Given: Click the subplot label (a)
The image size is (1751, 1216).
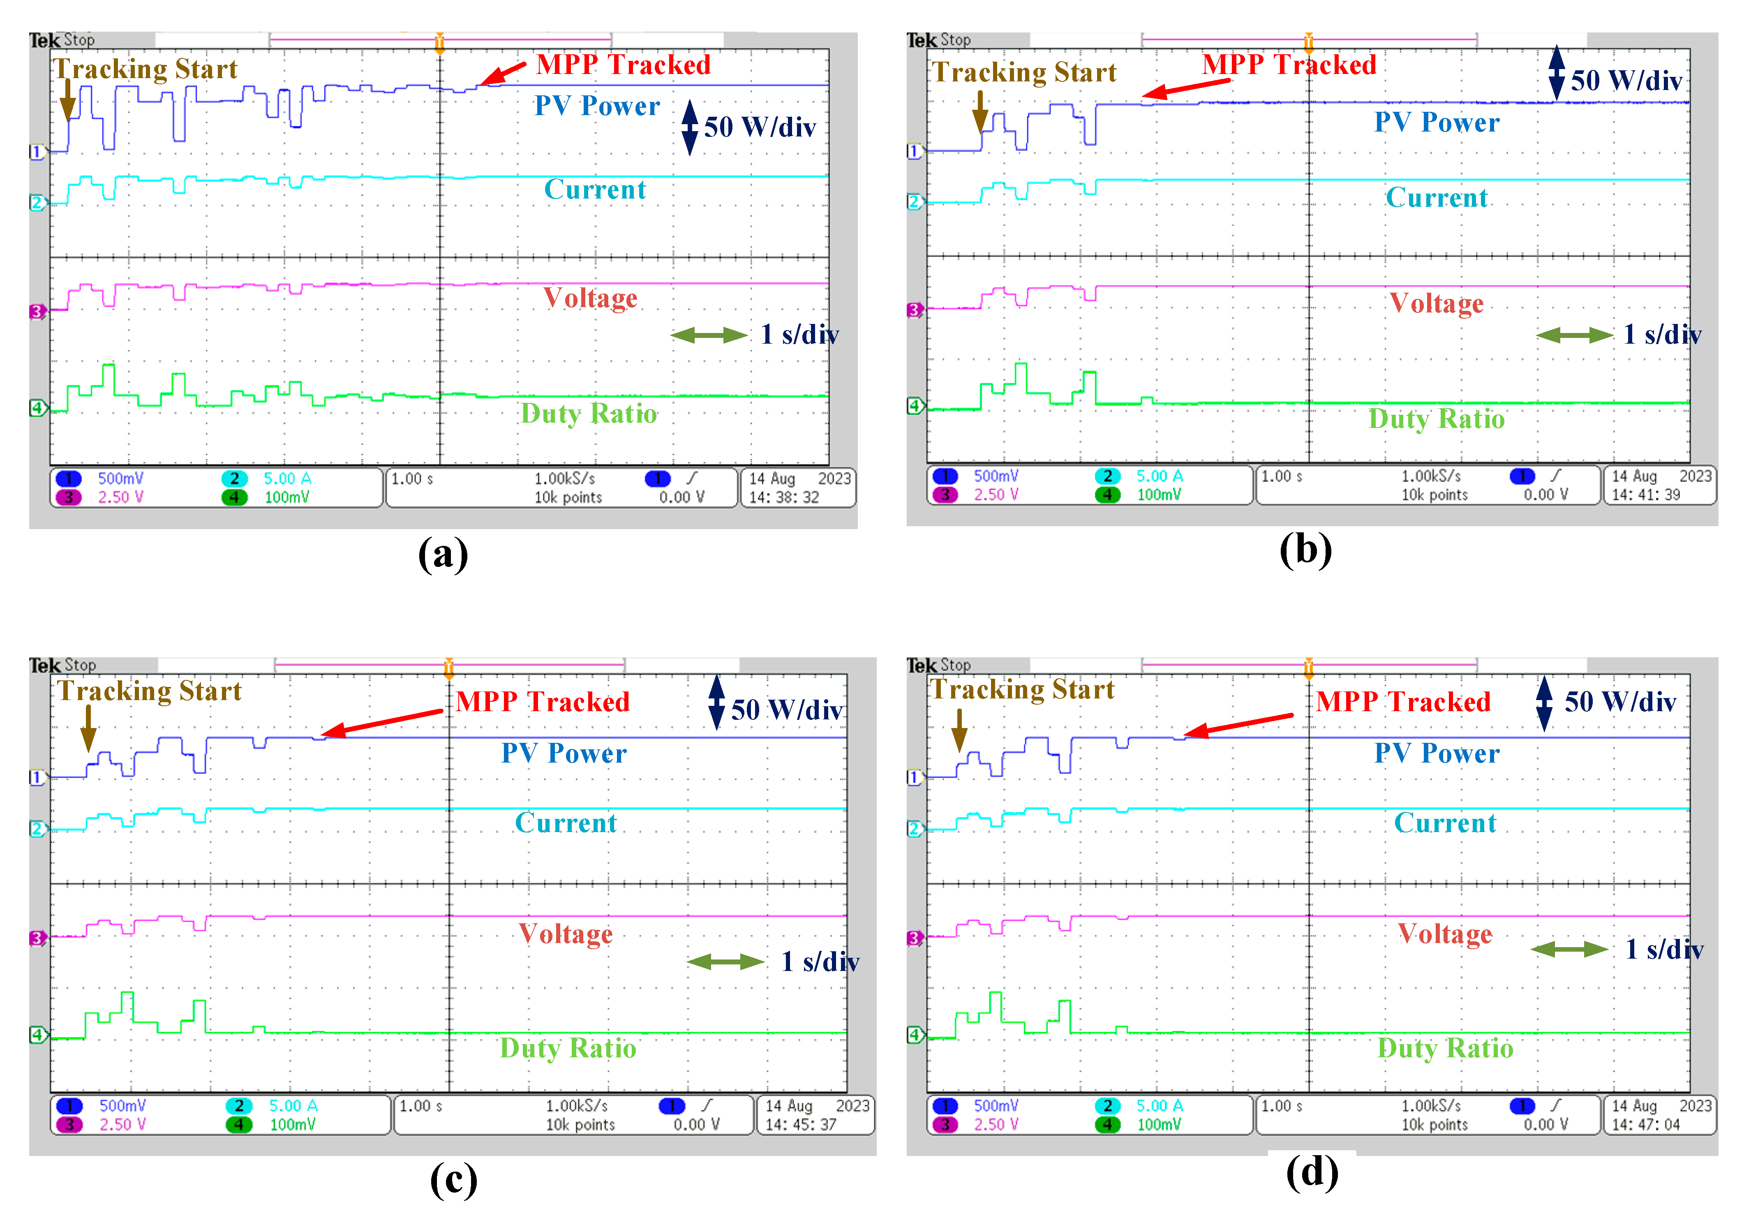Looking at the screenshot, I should [x=443, y=554].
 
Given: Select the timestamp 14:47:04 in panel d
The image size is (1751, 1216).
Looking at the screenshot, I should [x=1645, y=1125].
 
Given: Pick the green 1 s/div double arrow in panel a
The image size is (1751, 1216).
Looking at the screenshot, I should [x=708, y=335].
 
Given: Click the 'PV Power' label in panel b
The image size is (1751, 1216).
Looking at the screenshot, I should [x=1437, y=123].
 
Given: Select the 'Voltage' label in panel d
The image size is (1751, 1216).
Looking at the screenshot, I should [x=1445, y=934].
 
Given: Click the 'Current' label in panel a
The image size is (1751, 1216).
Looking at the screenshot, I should [x=595, y=190].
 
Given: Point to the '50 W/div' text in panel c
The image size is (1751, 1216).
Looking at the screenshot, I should [x=786, y=710].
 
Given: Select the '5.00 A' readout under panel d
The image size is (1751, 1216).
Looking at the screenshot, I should [x=1159, y=1105].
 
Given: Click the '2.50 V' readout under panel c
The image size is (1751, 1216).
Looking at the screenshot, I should [x=122, y=1125].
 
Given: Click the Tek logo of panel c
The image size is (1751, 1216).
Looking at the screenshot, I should [x=45, y=665].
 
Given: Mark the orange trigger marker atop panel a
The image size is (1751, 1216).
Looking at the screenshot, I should [x=439, y=43].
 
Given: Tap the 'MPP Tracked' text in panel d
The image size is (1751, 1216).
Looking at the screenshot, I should [x=1403, y=702].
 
